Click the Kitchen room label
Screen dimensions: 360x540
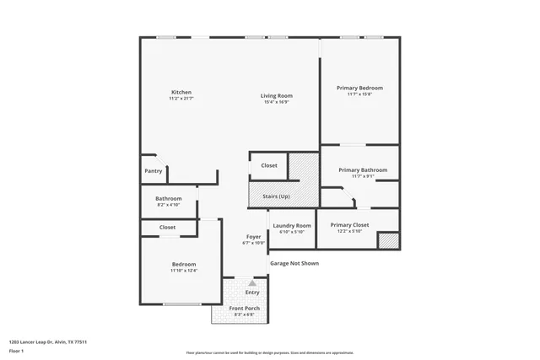coord(181,92)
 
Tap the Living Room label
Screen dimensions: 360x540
coord(276,95)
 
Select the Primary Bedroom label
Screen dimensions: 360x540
coord(359,88)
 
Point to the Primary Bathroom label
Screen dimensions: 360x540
coord(363,169)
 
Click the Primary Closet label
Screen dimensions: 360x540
coord(349,225)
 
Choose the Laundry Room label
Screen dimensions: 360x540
coord(292,225)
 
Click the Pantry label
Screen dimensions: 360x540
coord(153,171)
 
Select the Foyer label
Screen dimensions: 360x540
coord(253,237)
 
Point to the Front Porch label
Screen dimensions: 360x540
coord(246,308)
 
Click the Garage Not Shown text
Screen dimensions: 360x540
coord(294,263)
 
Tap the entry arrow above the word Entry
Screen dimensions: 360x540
coord(251,283)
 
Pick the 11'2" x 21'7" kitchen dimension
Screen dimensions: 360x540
coord(181,99)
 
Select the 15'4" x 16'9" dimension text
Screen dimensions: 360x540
coord(276,102)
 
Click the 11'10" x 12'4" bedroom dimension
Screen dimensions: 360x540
coord(183,271)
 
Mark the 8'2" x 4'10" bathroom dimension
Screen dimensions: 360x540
coord(169,205)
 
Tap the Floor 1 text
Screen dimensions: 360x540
coord(17,350)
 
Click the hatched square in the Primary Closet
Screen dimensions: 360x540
coord(387,240)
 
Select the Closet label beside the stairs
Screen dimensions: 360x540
coord(269,165)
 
